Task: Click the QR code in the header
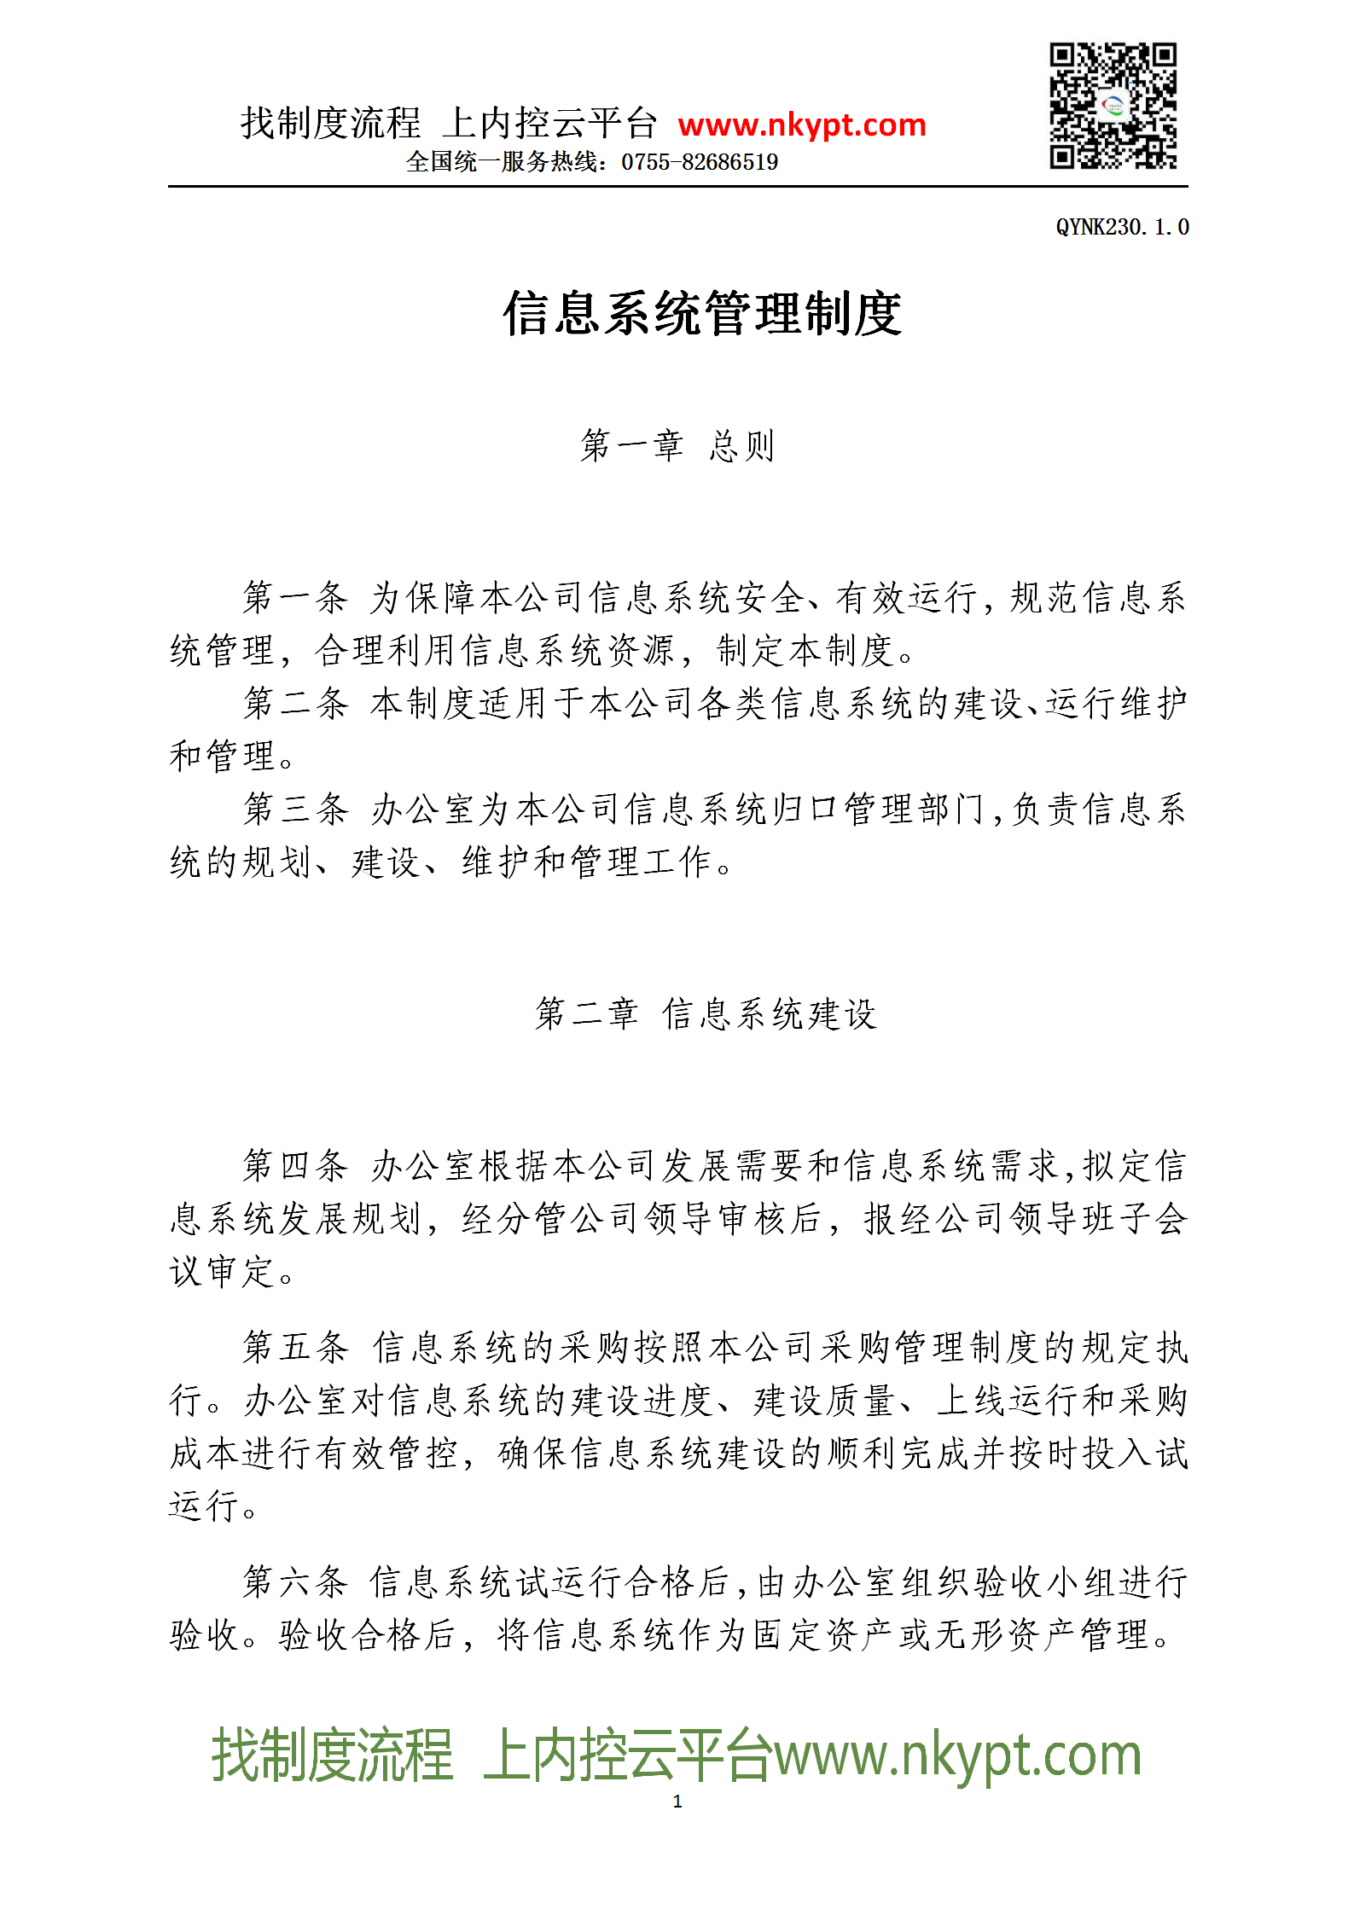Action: coord(1113,106)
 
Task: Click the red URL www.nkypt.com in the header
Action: coord(801,125)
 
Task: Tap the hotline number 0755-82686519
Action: coord(699,162)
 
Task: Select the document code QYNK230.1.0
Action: coord(1121,227)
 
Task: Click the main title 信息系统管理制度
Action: coord(701,314)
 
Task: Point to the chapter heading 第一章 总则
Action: coord(677,446)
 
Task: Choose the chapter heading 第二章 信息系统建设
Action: coord(705,1014)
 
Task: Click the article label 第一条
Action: coord(295,598)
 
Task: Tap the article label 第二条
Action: coord(295,704)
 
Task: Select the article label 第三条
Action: coord(295,810)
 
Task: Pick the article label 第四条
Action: coord(295,1166)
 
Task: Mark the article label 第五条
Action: coord(295,1348)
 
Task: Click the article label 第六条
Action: coord(295,1582)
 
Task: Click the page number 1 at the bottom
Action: coord(677,1802)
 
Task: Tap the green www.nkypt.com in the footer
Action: coord(956,1755)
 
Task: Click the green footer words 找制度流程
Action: coord(332,1755)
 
